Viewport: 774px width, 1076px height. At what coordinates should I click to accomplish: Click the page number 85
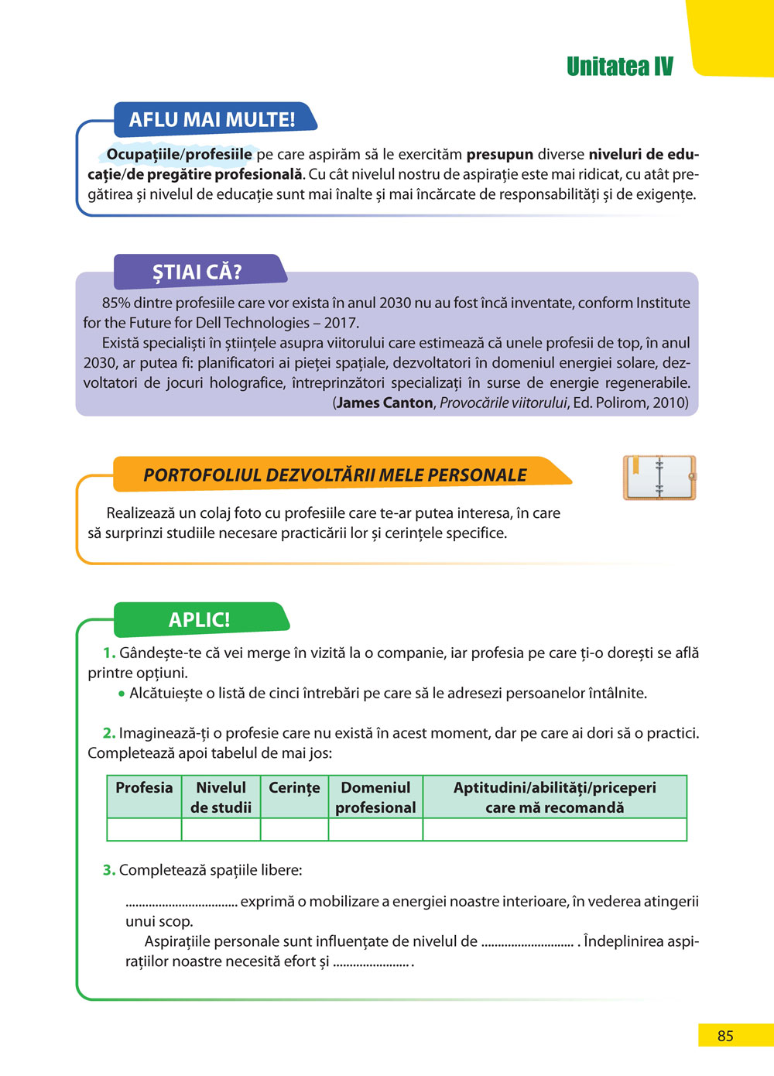pyautogui.click(x=725, y=1036)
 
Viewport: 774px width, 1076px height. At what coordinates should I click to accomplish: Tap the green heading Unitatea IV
pyautogui.click(x=619, y=67)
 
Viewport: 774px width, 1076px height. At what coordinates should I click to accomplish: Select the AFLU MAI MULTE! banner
pyautogui.click(x=211, y=120)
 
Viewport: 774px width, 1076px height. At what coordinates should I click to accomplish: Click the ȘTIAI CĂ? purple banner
pyautogui.click(x=197, y=272)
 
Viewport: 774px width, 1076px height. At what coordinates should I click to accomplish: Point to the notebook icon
pyautogui.click(x=659, y=478)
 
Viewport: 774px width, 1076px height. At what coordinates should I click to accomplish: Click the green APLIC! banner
pyautogui.click(x=199, y=620)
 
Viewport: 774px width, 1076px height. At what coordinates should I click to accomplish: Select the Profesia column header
pyautogui.click(x=144, y=788)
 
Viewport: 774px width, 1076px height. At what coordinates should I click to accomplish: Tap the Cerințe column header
pyautogui.click(x=294, y=788)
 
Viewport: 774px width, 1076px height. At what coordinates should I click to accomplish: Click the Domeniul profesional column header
pyautogui.click(x=375, y=797)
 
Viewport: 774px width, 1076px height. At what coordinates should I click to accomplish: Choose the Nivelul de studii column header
pyautogui.click(x=221, y=797)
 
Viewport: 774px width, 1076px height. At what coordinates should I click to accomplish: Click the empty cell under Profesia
pyautogui.click(x=144, y=830)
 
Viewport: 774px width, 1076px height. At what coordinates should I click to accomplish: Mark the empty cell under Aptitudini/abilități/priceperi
pyautogui.click(x=554, y=830)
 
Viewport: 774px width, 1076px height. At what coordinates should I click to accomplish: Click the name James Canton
pyautogui.click(x=385, y=403)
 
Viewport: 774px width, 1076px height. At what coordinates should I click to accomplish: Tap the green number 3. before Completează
pyautogui.click(x=109, y=870)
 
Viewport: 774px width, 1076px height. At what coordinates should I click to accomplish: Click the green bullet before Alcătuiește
pyautogui.click(x=122, y=694)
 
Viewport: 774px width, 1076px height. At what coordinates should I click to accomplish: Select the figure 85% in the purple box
pyautogui.click(x=116, y=303)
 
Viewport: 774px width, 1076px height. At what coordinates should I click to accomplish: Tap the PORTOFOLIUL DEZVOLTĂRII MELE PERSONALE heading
pyautogui.click(x=335, y=475)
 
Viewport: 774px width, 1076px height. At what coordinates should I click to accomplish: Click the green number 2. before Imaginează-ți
pyautogui.click(x=109, y=733)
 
